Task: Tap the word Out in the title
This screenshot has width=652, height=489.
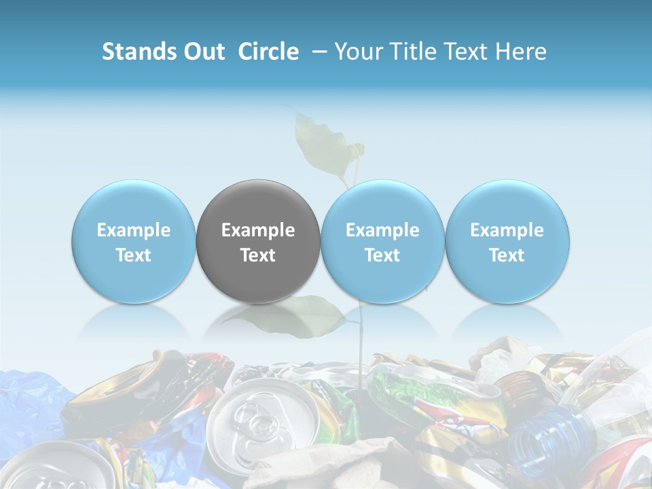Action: pos(204,52)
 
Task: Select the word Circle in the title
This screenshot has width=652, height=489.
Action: pos(268,52)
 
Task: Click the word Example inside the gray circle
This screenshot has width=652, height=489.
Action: pos(258,230)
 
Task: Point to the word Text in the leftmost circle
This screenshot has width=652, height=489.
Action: pos(133,255)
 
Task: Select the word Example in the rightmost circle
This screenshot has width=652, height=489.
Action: pos(507,230)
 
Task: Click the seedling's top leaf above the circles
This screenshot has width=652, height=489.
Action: pos(319,143)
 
